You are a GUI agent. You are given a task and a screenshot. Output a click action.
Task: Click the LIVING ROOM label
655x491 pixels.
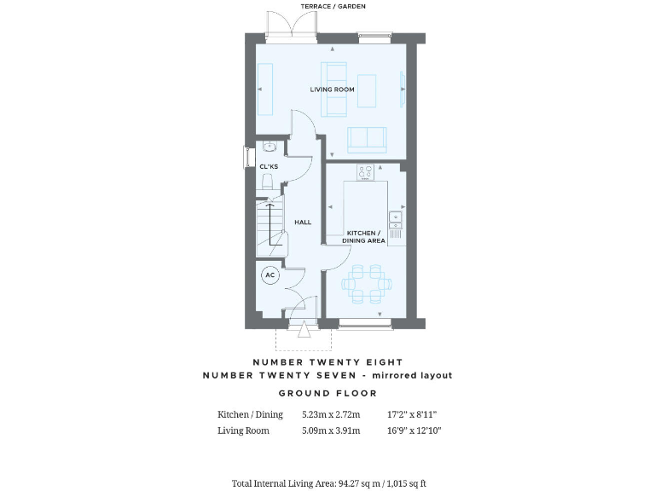(x=332, y=89)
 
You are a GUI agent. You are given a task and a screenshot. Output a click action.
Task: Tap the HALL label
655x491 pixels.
(x=303, y=222)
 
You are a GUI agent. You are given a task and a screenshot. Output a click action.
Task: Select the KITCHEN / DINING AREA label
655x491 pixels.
(x=364, y=237)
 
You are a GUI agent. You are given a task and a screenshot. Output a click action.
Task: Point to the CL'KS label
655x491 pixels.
(x=269, y=165)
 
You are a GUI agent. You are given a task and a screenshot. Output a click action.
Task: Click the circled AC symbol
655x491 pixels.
(x=270, y=275)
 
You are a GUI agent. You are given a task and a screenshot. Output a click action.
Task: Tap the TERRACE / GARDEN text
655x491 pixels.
(x=333, y=7)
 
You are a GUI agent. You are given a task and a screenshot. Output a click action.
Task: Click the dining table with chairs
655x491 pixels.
(x=367, y=283)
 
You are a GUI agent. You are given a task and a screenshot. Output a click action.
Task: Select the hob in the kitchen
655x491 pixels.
(x=366, y=171)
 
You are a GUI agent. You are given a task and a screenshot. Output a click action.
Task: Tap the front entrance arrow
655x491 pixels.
(x=304, y=331)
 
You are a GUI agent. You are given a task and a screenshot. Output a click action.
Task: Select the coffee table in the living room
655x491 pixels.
(x=367, y=91)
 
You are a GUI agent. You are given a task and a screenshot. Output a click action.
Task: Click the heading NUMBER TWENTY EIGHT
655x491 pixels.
(x=327, y=362)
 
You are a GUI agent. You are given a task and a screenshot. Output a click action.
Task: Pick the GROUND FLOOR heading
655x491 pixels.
(x=327, y=393)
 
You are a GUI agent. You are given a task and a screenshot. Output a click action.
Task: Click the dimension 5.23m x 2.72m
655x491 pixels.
(x=331, y=415)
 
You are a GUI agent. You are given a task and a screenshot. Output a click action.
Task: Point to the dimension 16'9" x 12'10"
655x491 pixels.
(x=412, y=430)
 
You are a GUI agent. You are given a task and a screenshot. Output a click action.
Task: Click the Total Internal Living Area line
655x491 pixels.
(x=327, y=483)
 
